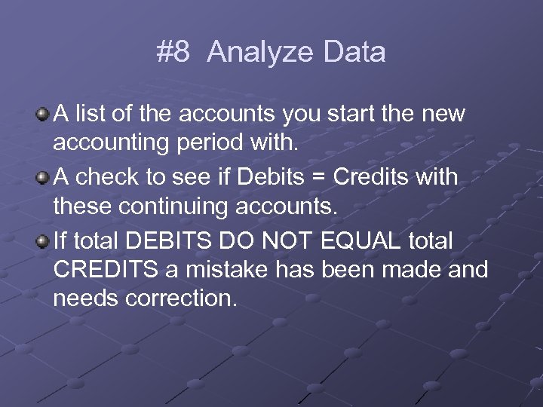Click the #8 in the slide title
click(173, 53)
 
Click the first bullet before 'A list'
click(44, 115)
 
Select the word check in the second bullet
click(105, 178)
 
